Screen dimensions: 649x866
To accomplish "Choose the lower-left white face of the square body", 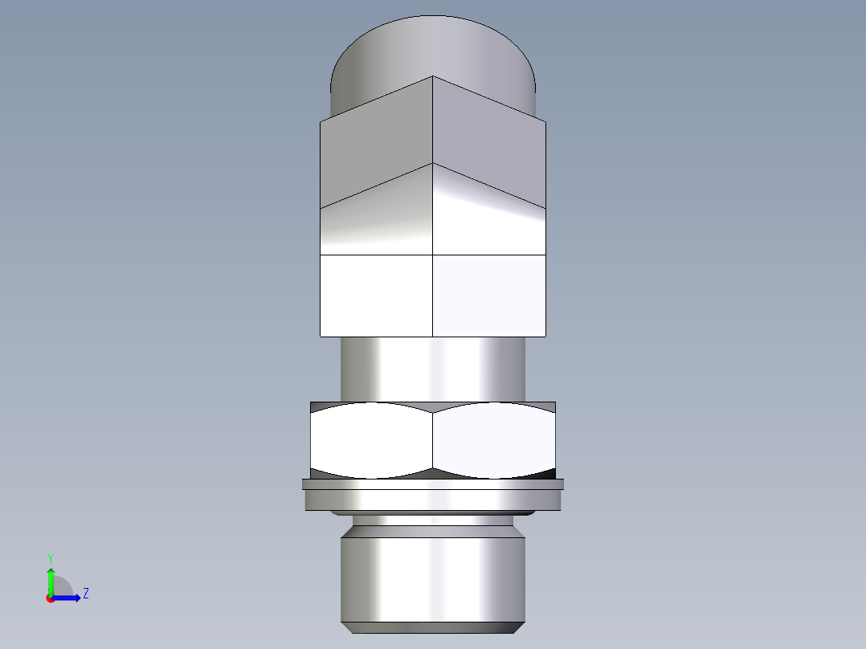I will tap(376, 295).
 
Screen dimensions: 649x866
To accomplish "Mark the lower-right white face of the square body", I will tap(490, 295).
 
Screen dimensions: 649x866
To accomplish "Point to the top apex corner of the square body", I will tap(433, 77).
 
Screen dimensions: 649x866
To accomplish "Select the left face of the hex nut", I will tap(371, 439).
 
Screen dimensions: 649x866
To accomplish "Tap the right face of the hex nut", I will tap(493, 439).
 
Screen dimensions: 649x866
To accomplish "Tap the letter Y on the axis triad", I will tap(50, 557).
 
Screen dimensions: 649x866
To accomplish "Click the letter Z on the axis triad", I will tap(85, 594).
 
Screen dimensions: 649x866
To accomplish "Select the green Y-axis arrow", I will tap(50, 580).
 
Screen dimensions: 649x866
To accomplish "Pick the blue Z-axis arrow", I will tap(68, 597).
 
